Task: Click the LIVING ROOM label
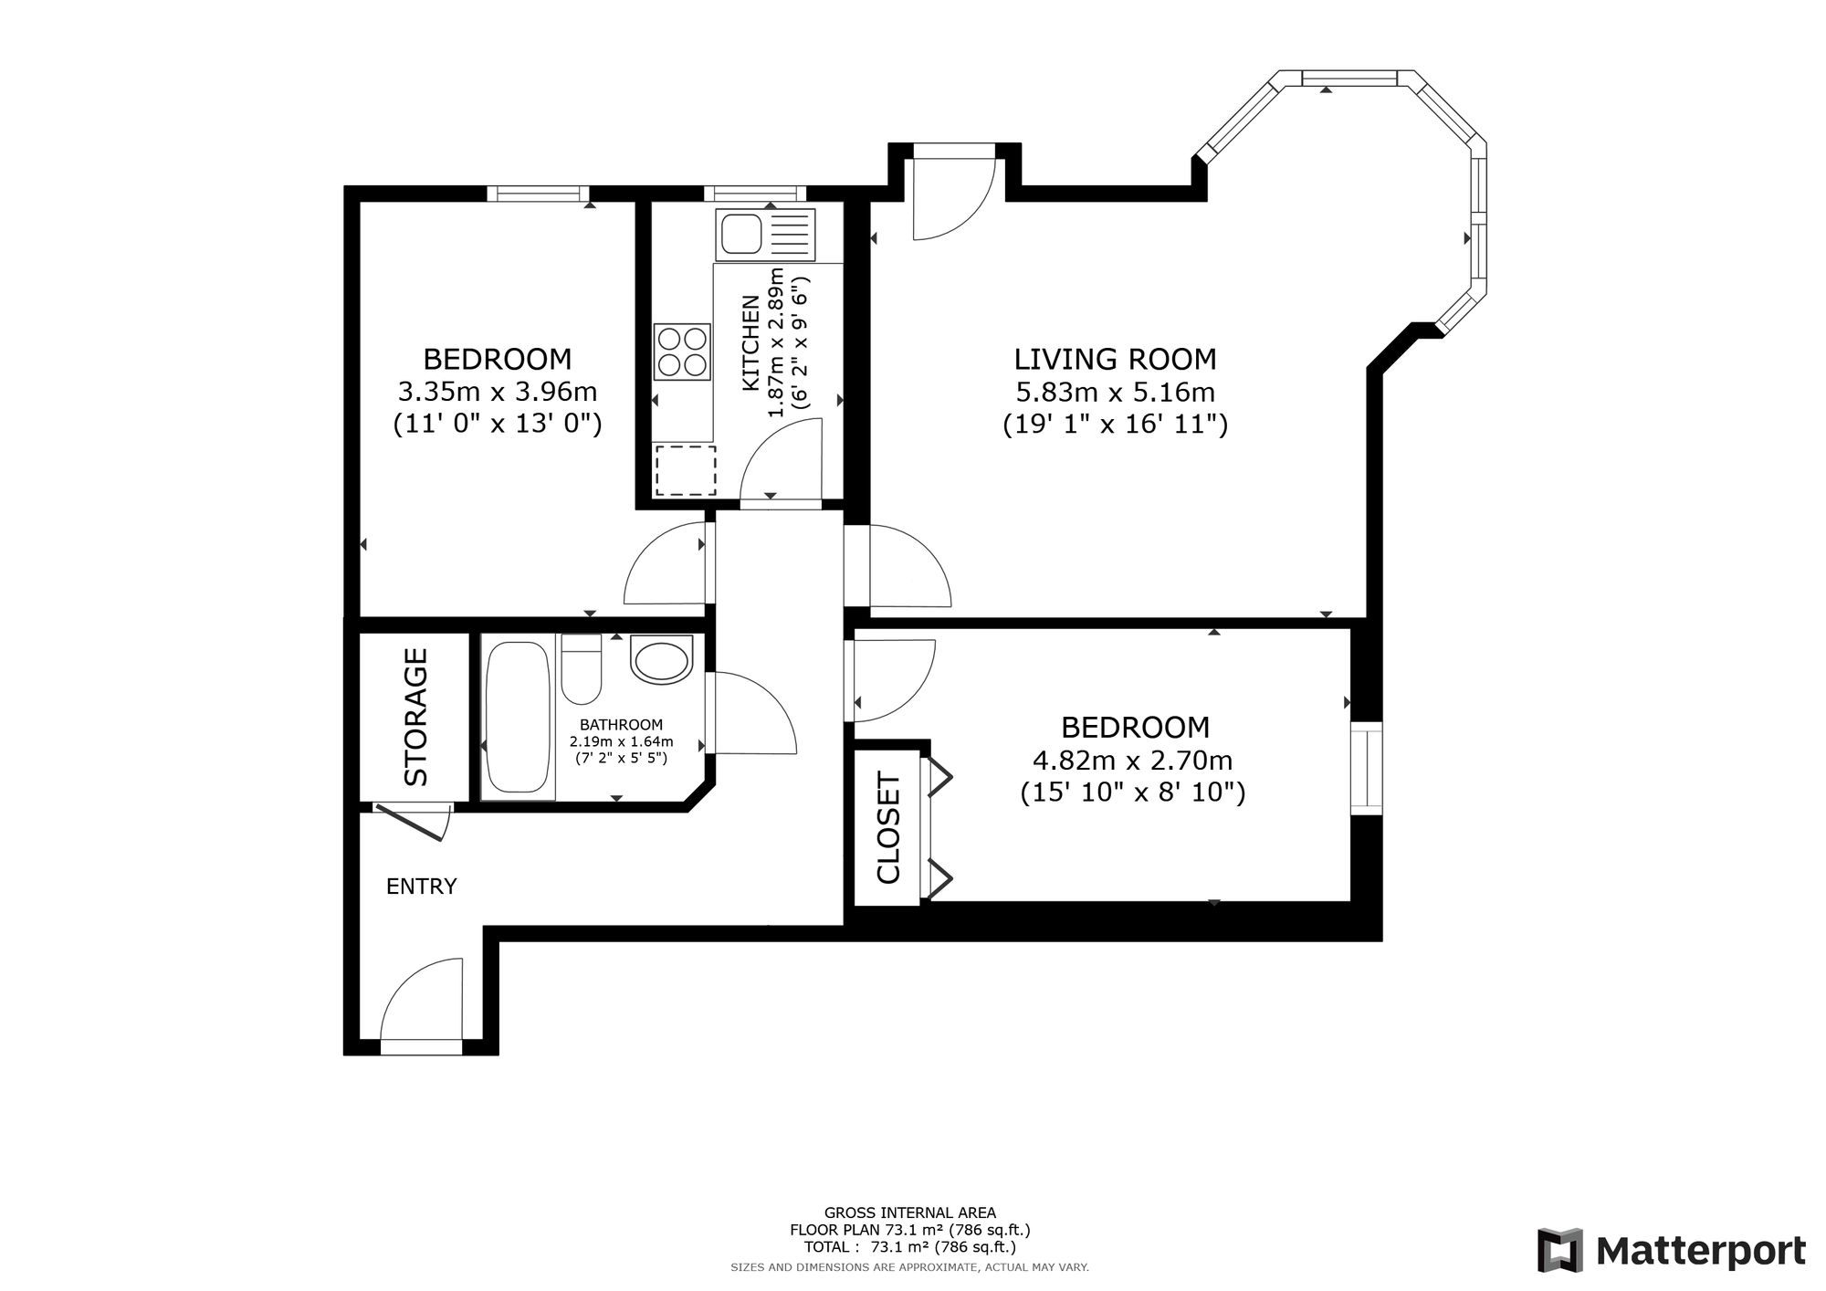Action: [x=1115, y=359]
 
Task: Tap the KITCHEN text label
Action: [x=750, y=342]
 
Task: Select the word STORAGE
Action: [x=416, y=717]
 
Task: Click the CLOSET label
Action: [x=888, y=828]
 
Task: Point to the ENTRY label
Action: [x=421, y=886]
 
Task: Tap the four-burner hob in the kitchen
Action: [x=682, y=352]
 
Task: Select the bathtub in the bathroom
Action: [x=518, y=718]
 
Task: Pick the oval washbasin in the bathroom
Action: [x=661, y=660]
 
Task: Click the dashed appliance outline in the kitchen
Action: [x=686, y=470]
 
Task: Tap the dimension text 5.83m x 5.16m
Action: [x=1115, y=393]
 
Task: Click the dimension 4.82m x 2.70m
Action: [x=1133, y=760]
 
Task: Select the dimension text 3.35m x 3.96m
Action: [x=497, y=392]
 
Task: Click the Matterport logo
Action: [x=1671, y=1250]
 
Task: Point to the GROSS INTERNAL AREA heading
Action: [x=909, y=1213]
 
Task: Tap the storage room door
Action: [x=414, y=821]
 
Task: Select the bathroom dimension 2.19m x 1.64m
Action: [x=621, y=741]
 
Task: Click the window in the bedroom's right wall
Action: [x=1366, y=767]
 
